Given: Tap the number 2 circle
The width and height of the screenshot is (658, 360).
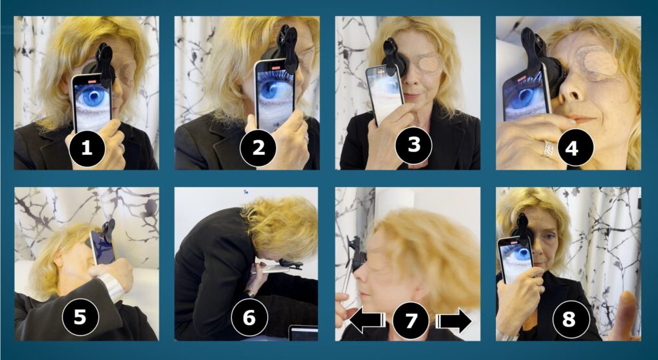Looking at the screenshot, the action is [258, 147].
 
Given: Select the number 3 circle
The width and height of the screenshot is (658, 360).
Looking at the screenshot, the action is [414, 145].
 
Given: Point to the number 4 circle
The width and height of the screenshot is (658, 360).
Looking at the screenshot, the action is [571, 147].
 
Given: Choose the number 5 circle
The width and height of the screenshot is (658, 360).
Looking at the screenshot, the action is [80, 317].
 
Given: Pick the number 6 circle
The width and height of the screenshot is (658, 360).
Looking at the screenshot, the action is [249, 317].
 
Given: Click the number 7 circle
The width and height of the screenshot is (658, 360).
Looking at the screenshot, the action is [411, 321].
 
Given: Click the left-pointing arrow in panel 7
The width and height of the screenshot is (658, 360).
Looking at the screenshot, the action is [367, 321].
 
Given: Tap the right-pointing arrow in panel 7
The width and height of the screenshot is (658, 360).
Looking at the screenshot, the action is [454, 321].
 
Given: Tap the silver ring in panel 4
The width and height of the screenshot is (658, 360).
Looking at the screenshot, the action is [548, 149].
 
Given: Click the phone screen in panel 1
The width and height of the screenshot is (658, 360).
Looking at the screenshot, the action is [93, 103].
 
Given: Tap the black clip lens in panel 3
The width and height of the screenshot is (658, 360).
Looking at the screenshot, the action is [394, 57].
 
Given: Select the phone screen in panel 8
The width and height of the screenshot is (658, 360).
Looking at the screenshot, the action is [515, 260].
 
